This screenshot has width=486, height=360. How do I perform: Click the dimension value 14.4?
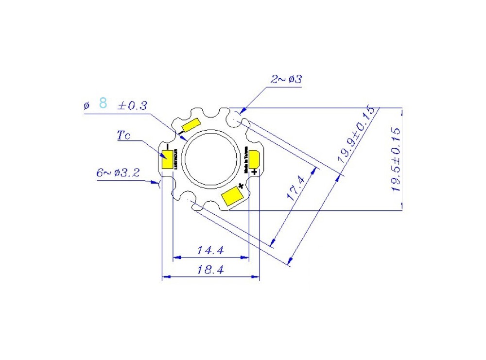click(210, 251)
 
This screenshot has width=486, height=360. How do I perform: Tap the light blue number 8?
click(103, 103)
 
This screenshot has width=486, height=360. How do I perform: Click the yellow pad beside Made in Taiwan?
click(255, 160)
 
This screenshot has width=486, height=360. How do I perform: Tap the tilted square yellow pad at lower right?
click(233, 196)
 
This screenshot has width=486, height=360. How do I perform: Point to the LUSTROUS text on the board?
click(176, 159)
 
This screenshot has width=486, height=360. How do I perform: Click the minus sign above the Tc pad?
click(167, 146)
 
